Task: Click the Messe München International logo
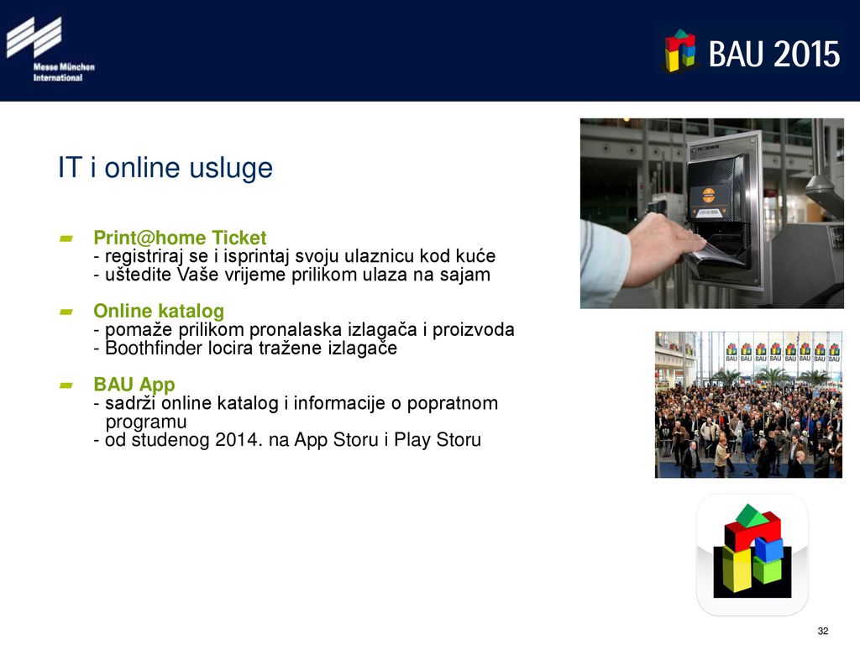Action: (50, 49)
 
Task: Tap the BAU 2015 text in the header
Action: (773, 54)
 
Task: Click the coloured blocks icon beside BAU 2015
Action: (680, 50)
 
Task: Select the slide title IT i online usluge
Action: (165, 168)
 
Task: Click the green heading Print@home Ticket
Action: (180, 238)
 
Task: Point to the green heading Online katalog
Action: (159, 311)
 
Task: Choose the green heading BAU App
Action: (134, 385)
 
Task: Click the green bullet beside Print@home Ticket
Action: (66, 239)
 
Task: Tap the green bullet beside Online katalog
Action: (66, 312)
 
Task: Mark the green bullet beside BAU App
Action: (66, 385)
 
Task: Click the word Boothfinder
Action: (154, 349)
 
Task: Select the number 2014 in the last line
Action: (234, 440)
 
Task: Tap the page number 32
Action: (823, 631)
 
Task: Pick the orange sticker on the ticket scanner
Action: (709, 194)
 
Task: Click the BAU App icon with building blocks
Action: (752, 554)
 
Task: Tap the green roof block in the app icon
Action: (752, 517)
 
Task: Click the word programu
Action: (146, 422)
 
